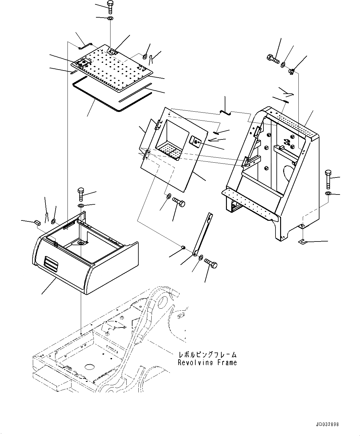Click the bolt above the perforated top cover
click(111, 6)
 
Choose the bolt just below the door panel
click(179, 202)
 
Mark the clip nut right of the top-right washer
click(291, 72)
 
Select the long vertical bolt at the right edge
click(328, 179)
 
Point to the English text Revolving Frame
click(207, 363)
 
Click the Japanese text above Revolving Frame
click(207, 355)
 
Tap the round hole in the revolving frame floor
click(89, 367)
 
